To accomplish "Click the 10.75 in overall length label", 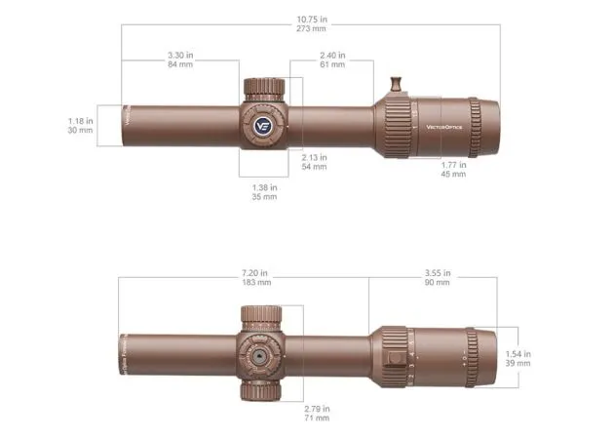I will click(310, 20).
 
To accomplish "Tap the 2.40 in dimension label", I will click(331, 57).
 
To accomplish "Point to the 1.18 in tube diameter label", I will click(80, 120).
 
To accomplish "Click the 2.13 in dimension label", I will click(314, 157).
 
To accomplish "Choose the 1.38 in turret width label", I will click(264, 186).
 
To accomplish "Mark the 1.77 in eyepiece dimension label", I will click(452, 166).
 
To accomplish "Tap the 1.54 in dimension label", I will click(518, 352).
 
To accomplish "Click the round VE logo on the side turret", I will click(263, 125).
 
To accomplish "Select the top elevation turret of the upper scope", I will click(264, 89).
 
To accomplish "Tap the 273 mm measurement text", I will click(310, 30).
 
